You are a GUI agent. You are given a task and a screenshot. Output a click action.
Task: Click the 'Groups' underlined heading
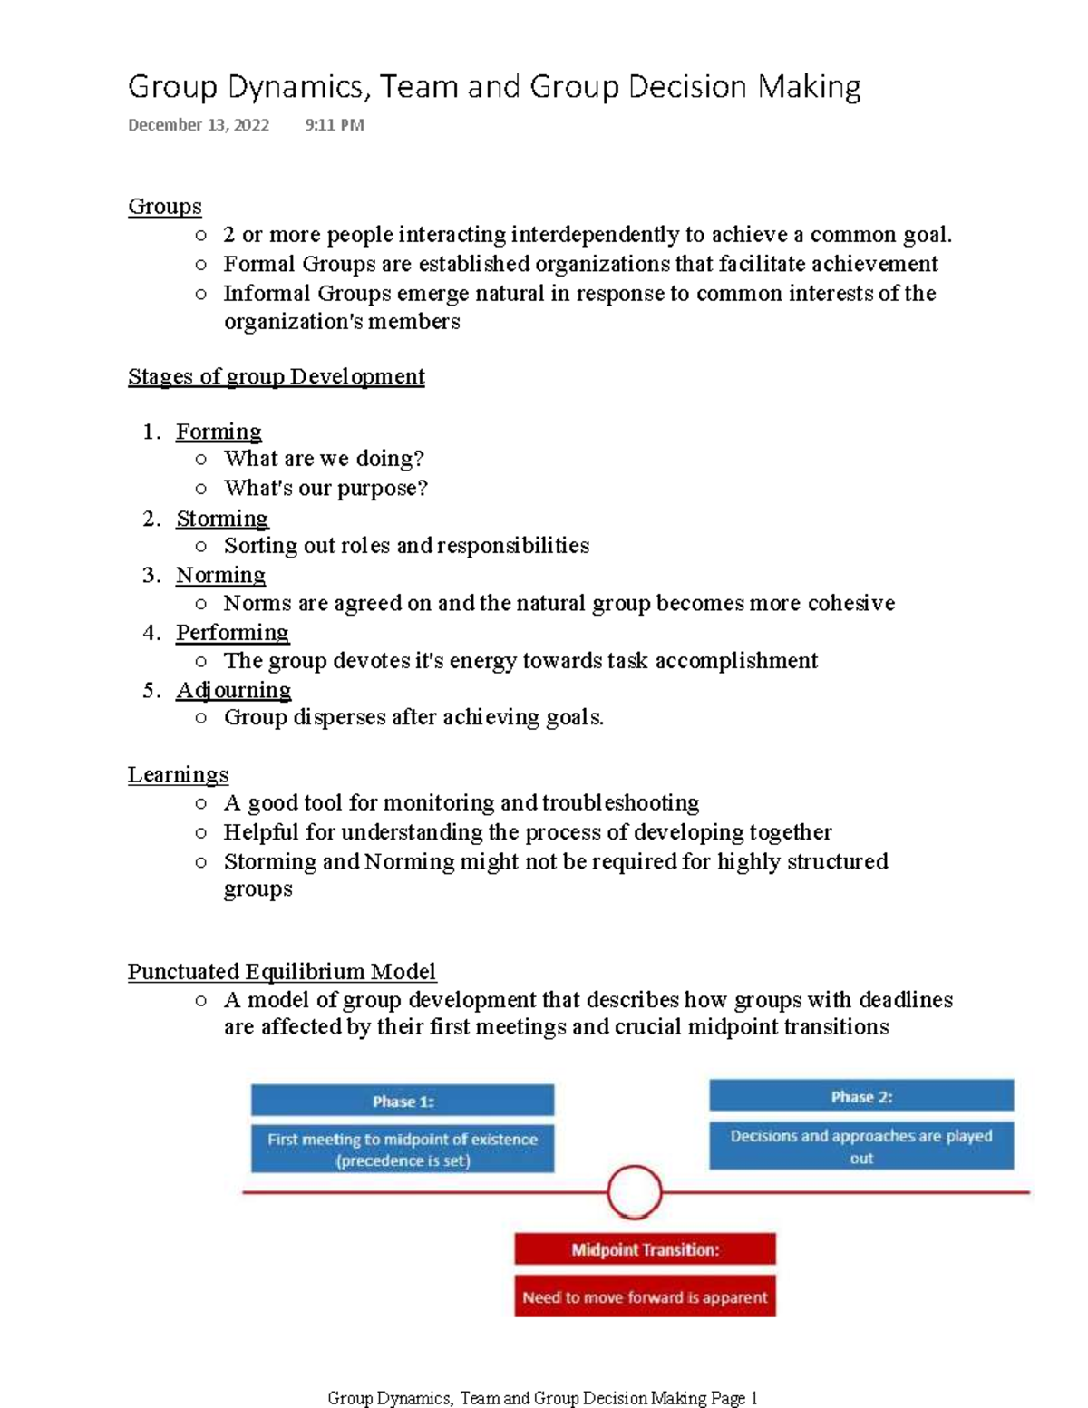tap(164, 207)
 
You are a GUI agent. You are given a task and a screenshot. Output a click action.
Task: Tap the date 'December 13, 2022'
tap(199, 125)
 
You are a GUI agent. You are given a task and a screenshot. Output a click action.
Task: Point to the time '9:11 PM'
tap(335, 125)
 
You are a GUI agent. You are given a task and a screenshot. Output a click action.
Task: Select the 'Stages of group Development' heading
tap(276, 376)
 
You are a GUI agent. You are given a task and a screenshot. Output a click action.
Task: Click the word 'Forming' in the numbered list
tap(219, 432)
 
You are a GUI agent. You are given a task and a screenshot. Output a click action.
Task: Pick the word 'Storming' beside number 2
tap(222, 519)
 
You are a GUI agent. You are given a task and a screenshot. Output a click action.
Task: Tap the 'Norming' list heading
tap(220, 575)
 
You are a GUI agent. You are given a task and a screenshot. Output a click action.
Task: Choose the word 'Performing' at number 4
tap(232, 632)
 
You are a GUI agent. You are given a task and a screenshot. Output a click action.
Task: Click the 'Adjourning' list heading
tap(233, 690)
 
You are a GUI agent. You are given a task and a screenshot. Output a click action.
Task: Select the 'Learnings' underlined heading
tap(178, 775)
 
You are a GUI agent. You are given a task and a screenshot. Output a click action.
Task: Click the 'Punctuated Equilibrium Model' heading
tap(281, 972)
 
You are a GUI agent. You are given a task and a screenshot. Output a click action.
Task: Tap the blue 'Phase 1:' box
tap(403, 1102)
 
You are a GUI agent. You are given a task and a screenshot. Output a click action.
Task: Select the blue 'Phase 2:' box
tap(860, 1097)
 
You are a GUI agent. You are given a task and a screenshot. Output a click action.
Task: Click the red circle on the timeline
tap(635, 1192)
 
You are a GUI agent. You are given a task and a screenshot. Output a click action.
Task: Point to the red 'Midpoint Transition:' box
tap(645, 1250)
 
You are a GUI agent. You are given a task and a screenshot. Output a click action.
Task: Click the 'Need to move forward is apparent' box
tap(645, 1297)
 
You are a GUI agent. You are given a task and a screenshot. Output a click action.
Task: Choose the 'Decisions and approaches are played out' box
tap(860, 1147)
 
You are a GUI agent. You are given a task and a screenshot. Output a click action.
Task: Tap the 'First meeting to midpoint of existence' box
tap(403, 1150)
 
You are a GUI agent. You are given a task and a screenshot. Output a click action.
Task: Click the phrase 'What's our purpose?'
tap(325, 489)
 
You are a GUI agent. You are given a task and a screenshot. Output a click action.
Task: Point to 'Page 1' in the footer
tap(734, 1398)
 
